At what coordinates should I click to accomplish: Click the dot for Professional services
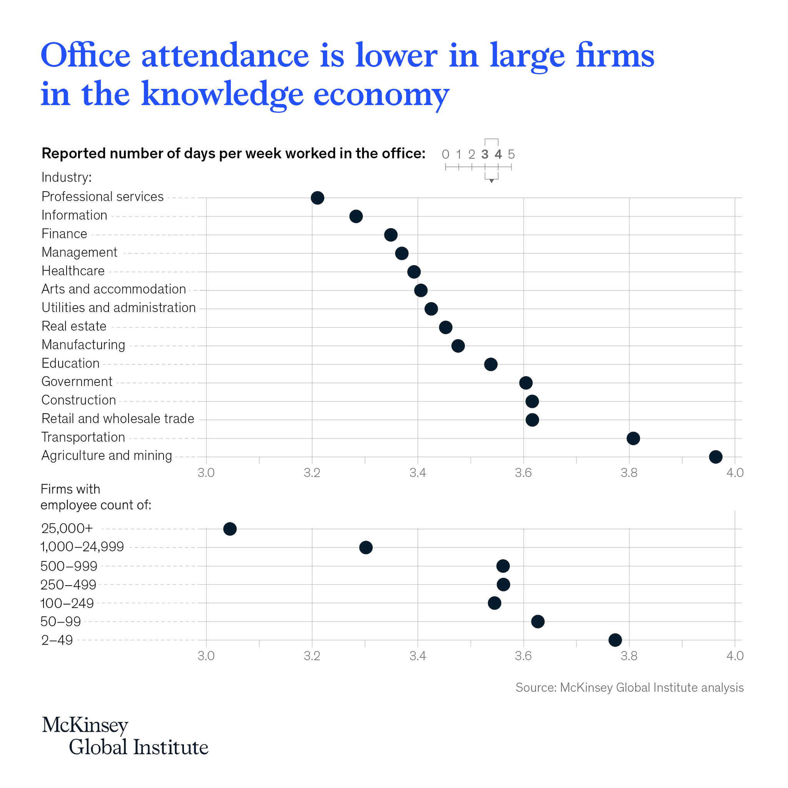(x=317, y=198)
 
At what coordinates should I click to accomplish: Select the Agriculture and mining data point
(x=715, y=457)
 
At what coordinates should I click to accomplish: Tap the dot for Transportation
(x=633, y=439)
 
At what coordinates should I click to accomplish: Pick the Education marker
(x=491, y=364)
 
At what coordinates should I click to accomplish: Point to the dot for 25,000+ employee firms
(x=230, y=529)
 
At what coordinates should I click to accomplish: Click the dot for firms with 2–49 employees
(x=615, y=640)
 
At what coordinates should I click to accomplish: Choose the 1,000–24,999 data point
(x=366, y=548)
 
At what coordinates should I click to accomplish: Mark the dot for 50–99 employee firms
(x=538, y=622)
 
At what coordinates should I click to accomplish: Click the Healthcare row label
(x=73, y=271)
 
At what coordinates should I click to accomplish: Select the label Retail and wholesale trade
(x=117, y=419)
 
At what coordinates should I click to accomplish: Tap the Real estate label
(x=74, y=326)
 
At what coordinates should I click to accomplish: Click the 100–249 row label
(x=67, y=603)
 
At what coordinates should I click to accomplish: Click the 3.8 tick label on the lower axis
(x=629, y=656)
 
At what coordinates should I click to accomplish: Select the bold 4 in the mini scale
(x=498, y=154)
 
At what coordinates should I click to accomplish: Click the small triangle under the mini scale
(x=491, y=181)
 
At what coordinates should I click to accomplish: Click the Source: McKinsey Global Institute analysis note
(x=629, y=687)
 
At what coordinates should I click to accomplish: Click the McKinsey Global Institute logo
(x=125, y=736)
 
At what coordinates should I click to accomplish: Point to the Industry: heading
(x=67, y=177)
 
